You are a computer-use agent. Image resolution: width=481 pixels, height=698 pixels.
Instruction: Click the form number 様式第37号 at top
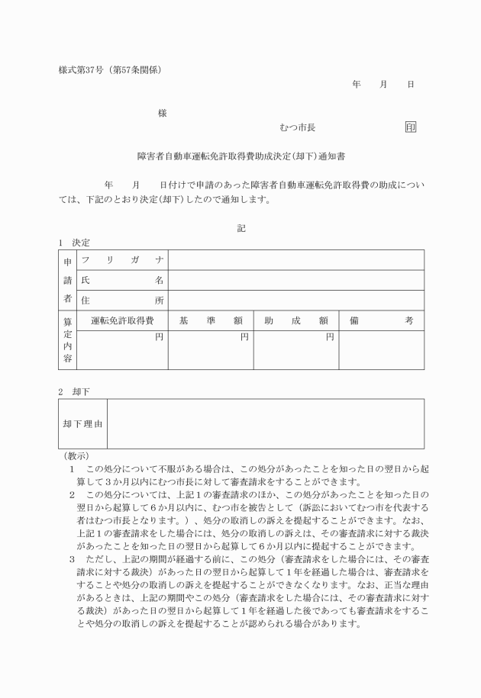click(x=82, y=70)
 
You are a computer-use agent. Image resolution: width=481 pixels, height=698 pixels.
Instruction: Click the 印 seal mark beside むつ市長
click(x=411, y=127)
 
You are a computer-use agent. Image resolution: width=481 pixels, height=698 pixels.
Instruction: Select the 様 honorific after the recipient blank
click(x=162, y=114)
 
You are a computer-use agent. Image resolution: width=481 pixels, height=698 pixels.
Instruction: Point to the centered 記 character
click(x=241, y=227)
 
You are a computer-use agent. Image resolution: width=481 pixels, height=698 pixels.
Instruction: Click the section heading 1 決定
click(x=75, y=243)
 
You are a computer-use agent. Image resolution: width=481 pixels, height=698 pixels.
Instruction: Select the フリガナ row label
click(x=122, y=260)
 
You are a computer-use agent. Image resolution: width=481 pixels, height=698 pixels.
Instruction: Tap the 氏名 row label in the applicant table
click(x=122, y=280)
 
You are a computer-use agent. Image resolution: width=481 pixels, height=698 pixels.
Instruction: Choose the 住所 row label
click(x=122, y=301)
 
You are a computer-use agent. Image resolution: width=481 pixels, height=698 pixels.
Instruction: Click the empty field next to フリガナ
click(x=295, y=260)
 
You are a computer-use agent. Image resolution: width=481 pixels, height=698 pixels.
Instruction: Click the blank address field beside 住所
click(x=295, y=301)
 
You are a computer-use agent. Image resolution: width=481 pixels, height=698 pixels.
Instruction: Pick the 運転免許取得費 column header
click(x=122, y=321)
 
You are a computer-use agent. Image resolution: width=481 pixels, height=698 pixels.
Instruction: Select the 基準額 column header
click(x=211, y=321)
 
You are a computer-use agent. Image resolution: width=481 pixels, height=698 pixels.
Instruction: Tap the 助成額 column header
click(x=295, y=321)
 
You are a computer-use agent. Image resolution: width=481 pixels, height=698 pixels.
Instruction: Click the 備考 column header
click(x=381, y=321)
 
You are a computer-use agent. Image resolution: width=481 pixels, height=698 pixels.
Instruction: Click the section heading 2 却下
click(x=75, y=391)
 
